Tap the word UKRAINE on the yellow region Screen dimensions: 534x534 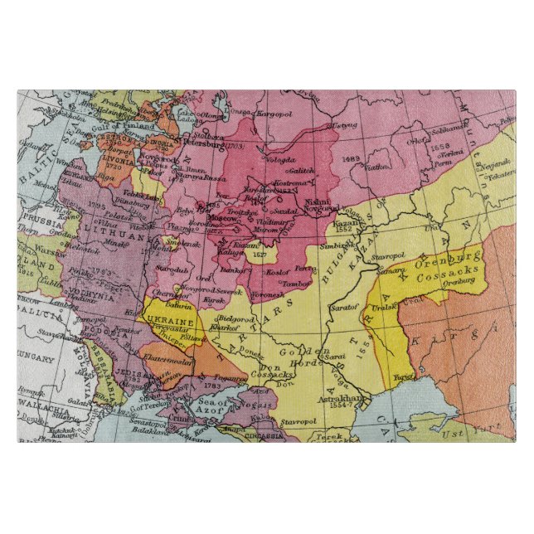click(x=169, y=320)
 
